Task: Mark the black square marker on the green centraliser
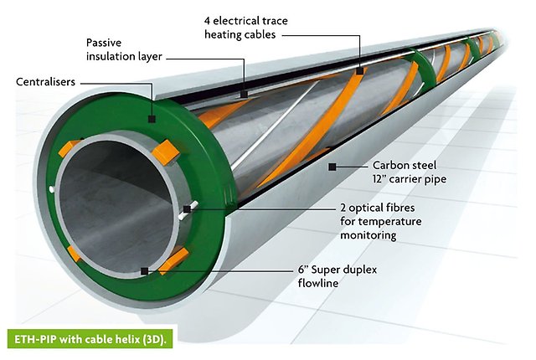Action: click(151, 119)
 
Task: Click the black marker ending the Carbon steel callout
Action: click(332, 167)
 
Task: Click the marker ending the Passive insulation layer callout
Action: click(243, 95)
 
